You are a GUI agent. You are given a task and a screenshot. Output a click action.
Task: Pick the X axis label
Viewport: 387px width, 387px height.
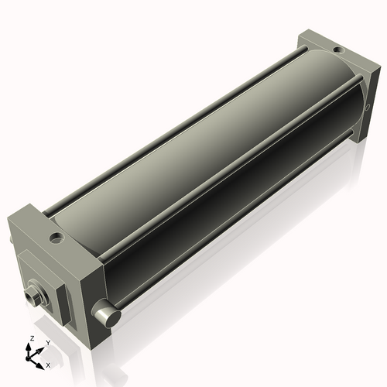click(x=49, y=364)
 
